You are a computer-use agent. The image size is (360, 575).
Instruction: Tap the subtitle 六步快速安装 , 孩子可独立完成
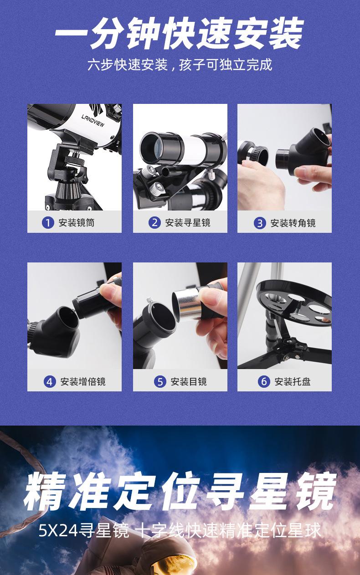180,65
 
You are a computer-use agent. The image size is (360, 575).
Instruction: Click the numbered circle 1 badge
48,223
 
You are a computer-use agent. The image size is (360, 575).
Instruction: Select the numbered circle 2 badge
154,223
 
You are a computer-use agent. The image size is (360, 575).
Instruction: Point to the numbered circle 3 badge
260,223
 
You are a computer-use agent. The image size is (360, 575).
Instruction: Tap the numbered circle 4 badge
50,381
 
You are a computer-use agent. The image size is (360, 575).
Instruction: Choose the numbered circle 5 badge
159,381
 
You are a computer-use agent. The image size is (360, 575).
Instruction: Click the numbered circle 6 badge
264,381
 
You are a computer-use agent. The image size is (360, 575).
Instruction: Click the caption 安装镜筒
77,223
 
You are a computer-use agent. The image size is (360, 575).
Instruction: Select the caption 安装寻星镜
188,223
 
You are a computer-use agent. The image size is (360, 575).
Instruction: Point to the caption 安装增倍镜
83,381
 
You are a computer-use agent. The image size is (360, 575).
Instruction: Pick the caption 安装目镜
189,381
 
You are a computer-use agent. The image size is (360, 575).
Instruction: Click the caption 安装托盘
293,381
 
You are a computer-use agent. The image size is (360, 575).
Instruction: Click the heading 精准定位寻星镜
180,492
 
